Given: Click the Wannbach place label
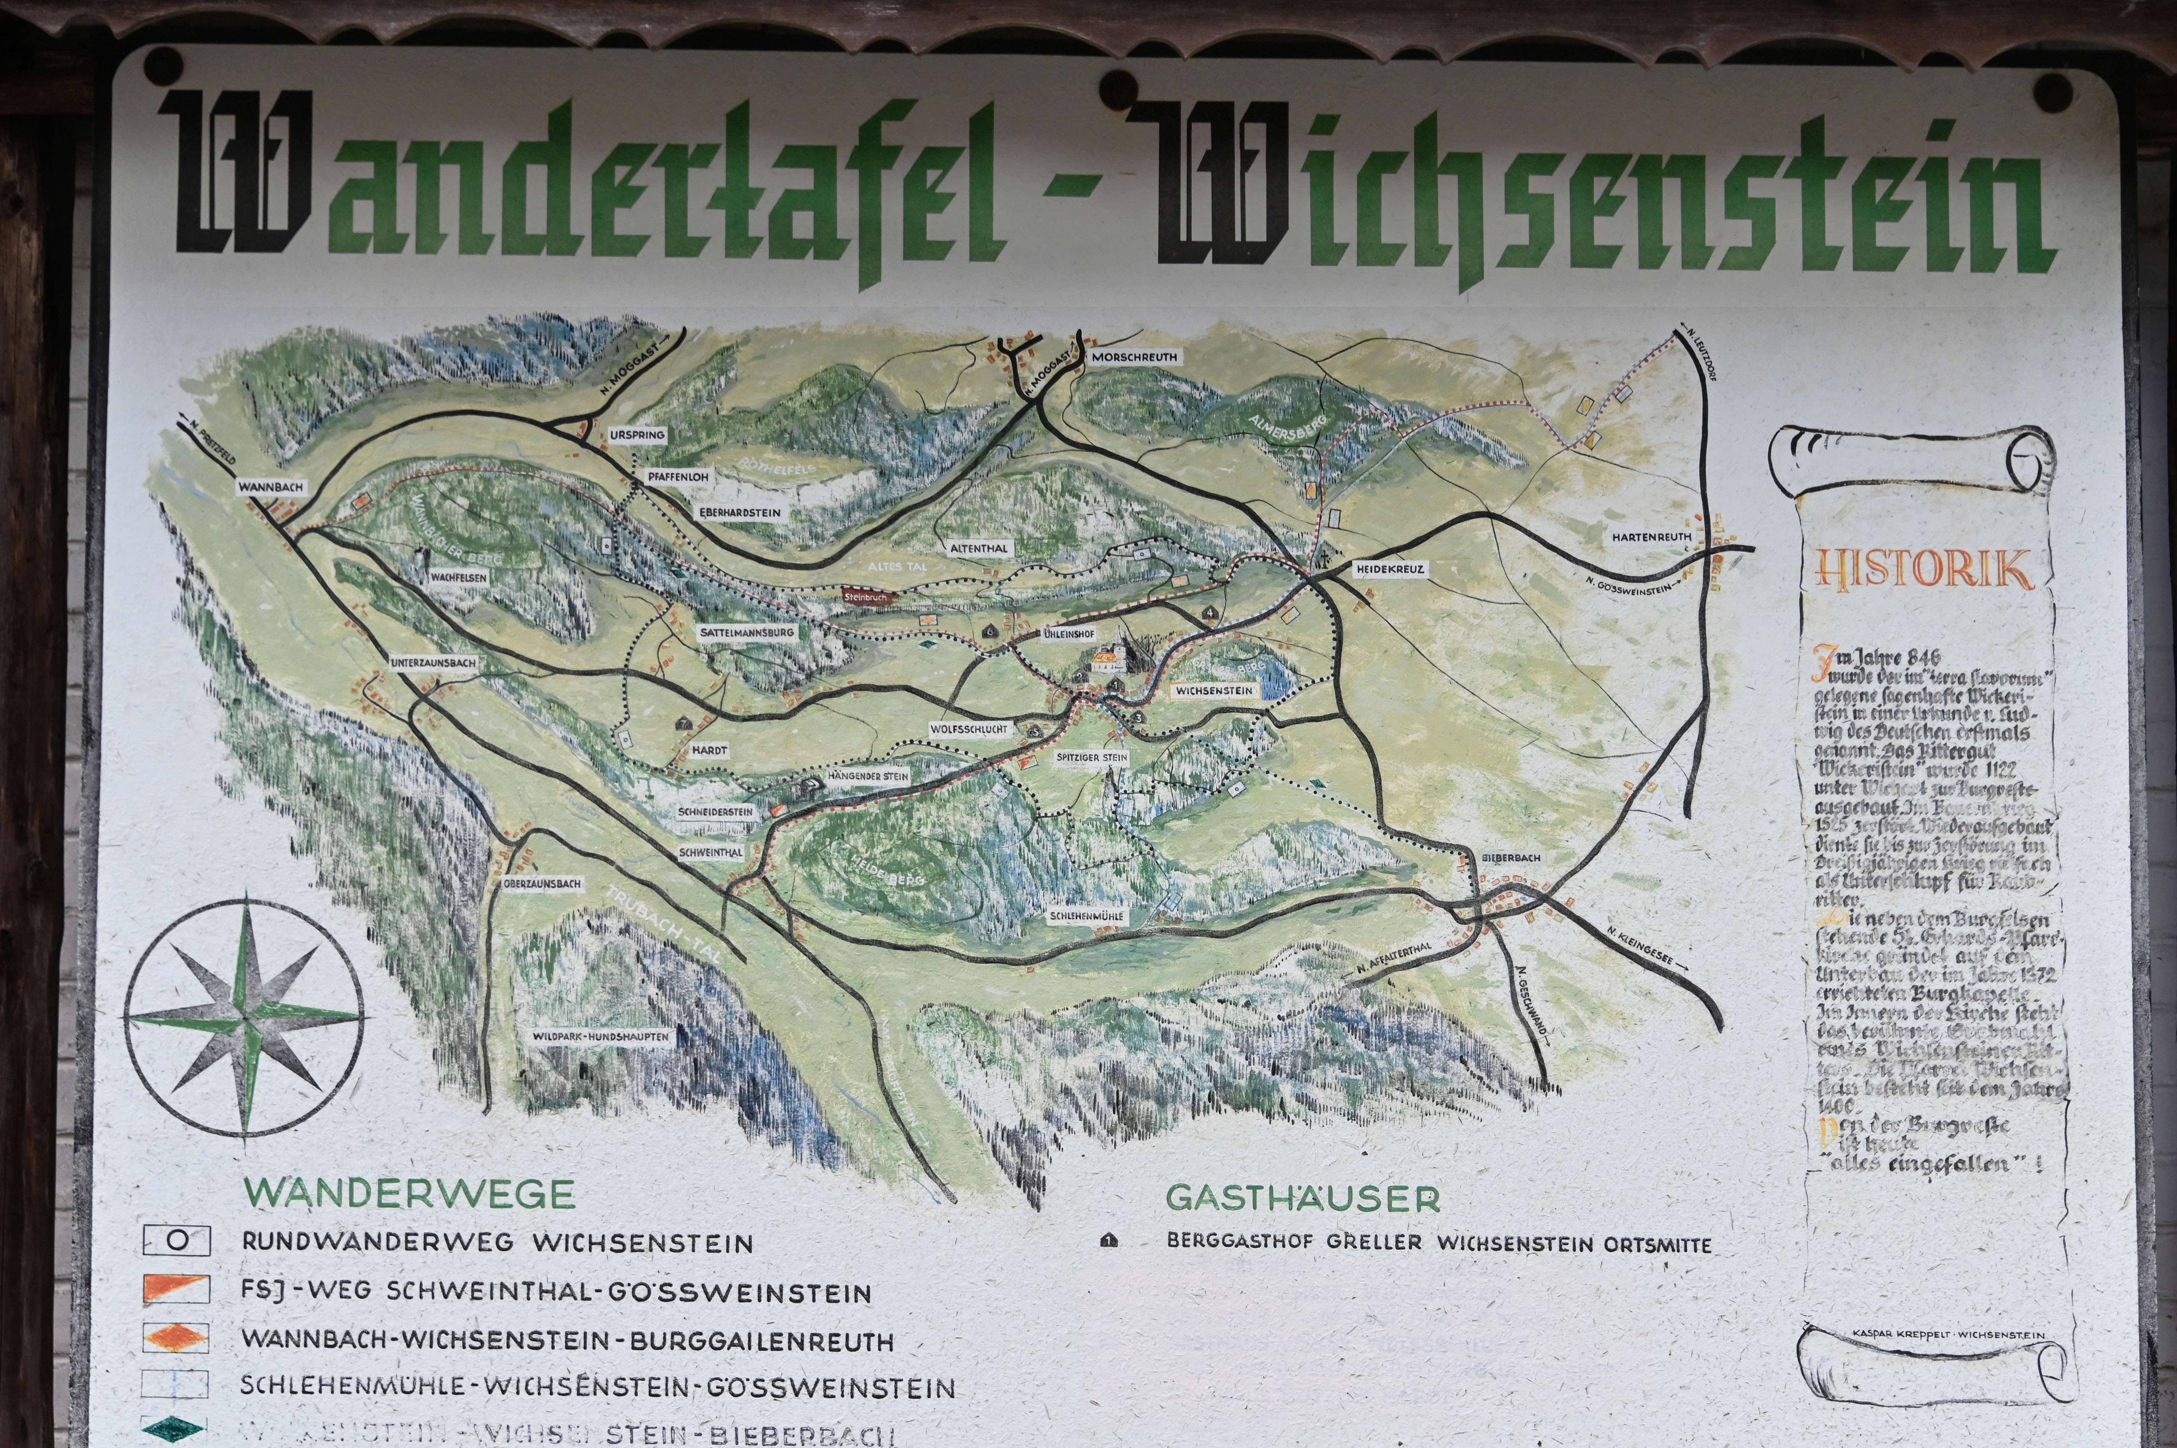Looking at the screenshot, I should (x=271, y=487).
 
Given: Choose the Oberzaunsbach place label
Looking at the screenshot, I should (x=542, y=884).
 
